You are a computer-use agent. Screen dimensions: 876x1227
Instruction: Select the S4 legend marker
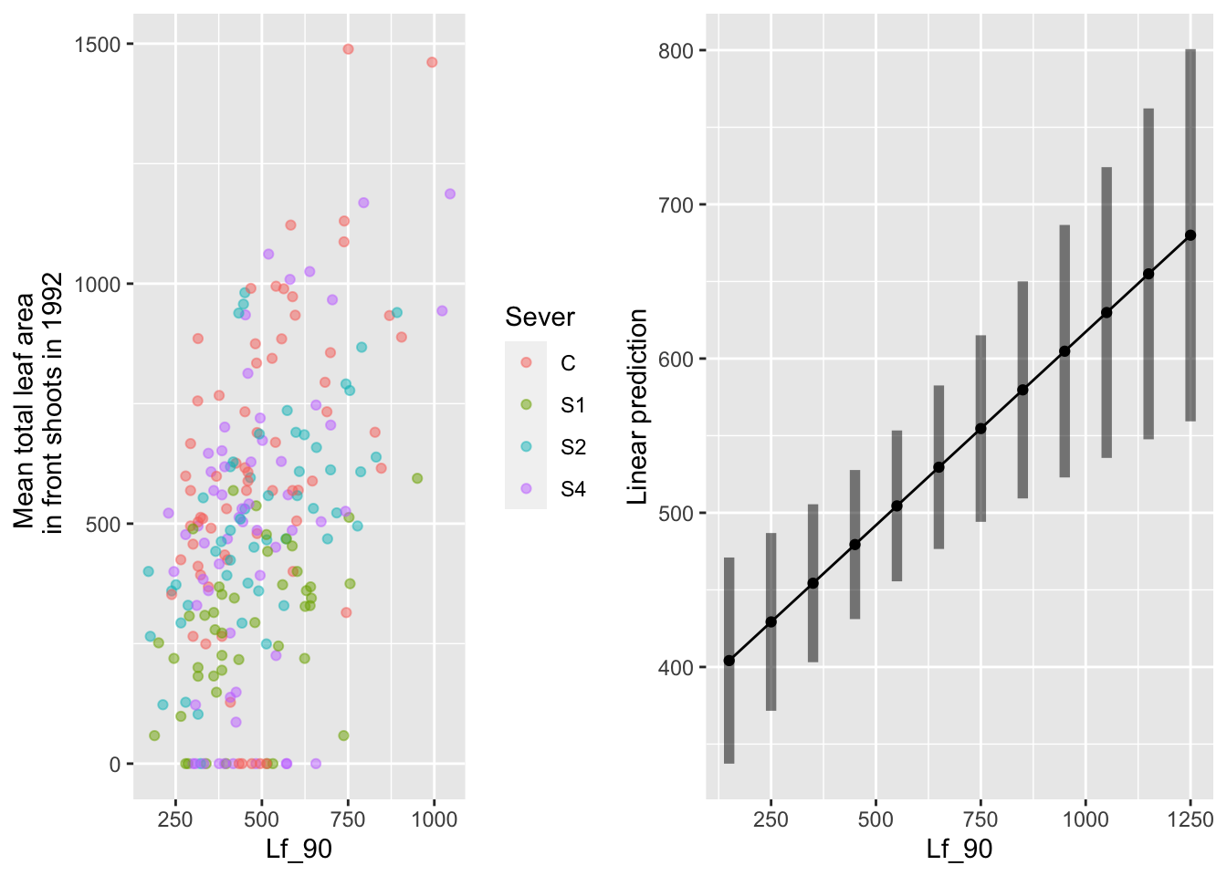click(526, 489)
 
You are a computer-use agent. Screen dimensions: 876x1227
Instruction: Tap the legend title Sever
click(540, 318)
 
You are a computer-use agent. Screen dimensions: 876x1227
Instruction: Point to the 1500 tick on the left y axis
click(97, 45)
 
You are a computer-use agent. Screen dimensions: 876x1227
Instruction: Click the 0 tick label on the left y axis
click(114, 765)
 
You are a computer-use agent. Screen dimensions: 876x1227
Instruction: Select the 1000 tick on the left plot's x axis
click(434, 819)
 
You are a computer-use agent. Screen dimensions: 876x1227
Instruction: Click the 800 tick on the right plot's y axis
click(676, 51)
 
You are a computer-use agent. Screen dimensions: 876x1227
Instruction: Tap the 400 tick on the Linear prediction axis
click(676, 668)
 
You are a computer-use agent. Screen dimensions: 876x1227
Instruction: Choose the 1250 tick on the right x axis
click(1190, 819)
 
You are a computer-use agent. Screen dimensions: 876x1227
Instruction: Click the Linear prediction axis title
click(638, 406)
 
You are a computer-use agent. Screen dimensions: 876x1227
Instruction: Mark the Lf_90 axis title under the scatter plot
click(299, 850)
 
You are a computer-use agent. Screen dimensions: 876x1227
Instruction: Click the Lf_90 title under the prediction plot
click(959, 850)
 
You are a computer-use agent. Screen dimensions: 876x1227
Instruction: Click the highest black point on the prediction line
click(1190, 235)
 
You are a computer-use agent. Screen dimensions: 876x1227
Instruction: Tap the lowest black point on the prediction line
click(729, 661)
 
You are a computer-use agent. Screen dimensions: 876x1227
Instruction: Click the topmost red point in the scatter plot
click(348, 49)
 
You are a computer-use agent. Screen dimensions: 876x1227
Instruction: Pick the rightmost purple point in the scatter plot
click(449, 193)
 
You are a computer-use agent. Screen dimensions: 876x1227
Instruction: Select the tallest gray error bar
click(1190, 235)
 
